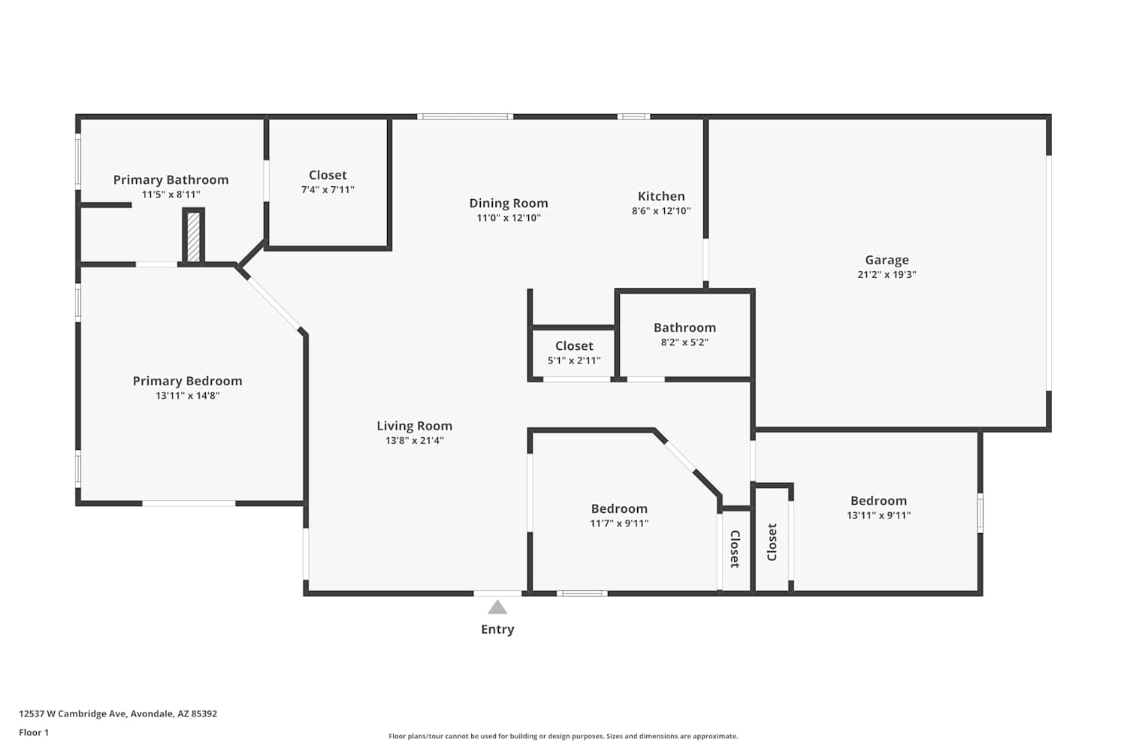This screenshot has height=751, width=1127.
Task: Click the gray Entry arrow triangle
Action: coord(497,608)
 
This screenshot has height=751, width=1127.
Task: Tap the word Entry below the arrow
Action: coord(497,629)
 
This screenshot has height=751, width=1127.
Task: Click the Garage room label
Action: coord(887,260)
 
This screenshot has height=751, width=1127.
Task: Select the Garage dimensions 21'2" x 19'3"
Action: coord(887,275)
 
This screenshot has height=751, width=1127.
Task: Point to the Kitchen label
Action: coord(661,196)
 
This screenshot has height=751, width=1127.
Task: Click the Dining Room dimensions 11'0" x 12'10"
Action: coord(509,218)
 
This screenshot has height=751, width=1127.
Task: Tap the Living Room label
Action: coord(415,426)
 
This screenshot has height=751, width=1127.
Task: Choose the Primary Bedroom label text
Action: coord(188,382)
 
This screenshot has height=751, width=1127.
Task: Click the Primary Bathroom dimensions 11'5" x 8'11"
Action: coord(171,195)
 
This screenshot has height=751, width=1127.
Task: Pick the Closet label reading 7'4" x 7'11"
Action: coord(328,175)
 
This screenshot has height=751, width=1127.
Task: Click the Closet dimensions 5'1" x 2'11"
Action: coord(574,360)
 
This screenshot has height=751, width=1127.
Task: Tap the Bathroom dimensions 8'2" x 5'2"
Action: coord(684,342)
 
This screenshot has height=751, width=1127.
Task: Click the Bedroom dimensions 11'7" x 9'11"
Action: coord(619,523)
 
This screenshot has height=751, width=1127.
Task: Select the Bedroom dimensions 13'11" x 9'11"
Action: coord(879,516)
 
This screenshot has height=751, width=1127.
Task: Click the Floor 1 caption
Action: coord(35,733)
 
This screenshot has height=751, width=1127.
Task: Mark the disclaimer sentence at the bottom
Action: coord(563,737)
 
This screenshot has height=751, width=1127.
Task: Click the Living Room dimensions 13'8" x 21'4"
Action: coord(415,441)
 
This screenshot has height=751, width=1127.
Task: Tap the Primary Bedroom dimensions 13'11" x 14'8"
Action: coord(188,396)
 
